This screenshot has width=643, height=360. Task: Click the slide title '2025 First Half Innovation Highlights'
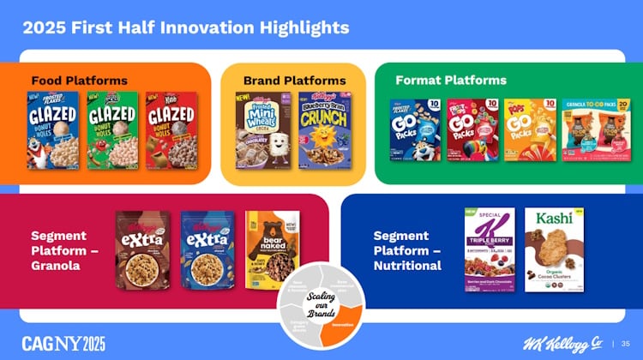185,27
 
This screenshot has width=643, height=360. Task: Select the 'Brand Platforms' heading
295,81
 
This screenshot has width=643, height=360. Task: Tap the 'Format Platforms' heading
451,81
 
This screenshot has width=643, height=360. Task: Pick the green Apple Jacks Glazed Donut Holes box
111,130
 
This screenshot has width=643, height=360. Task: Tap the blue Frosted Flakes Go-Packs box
415,129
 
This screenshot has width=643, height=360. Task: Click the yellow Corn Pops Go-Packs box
530,129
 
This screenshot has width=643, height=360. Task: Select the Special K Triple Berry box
490,249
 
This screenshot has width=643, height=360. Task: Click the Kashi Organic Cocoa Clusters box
554,249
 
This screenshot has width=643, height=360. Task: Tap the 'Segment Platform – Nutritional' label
408,250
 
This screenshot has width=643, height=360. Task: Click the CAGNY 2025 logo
63,344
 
